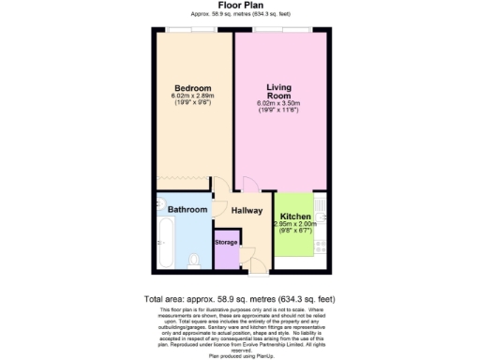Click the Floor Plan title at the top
[x=239, y=5]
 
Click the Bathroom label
[x=187, y=209]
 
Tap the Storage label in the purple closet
[x=226, y=242]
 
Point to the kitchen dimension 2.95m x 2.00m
[x=295, y=224]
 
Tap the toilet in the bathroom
[x=194, y=258]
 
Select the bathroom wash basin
[x=158, y=207]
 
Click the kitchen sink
[x=321, y=203]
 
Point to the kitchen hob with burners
[x=321, y=247]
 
